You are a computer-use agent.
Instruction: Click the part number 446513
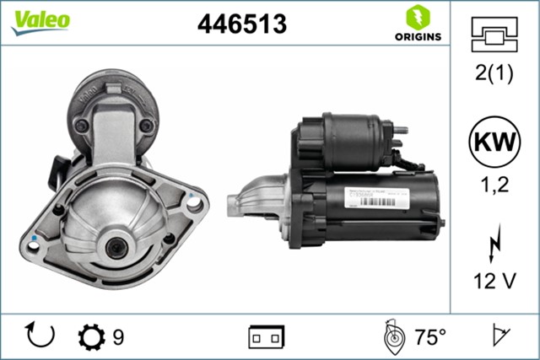point(241,24)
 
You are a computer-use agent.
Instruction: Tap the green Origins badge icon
point(416,16)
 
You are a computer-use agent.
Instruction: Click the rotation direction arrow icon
point(39,336)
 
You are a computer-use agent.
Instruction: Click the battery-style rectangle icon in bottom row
point(267,337)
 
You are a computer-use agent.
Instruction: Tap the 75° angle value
point(429,337)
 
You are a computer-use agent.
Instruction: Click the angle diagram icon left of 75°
point(392,336)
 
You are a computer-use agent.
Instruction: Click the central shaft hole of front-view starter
point(115,246)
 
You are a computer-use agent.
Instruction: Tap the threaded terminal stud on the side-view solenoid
point(403,130)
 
